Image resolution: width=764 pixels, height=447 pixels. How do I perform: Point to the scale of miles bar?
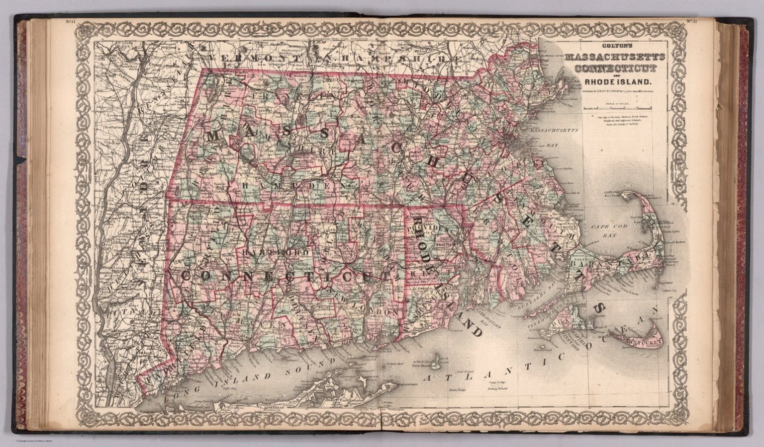(616, 107)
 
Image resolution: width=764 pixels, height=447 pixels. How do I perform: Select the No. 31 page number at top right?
(693, 21)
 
